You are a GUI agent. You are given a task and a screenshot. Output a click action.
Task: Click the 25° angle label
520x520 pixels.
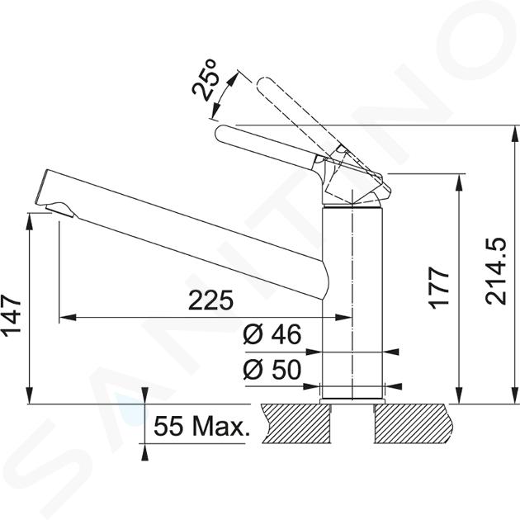click(x=206, y=79)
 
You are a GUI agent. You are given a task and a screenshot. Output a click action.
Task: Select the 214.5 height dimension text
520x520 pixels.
click(x=495, y=271)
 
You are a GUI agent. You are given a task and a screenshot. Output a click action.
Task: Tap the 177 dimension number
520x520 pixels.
click(x=439, y=287)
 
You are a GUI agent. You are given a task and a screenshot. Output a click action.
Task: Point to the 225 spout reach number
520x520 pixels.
click(x=211, y=300)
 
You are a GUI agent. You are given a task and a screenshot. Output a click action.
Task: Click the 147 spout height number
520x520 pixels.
click(x=12, y=315)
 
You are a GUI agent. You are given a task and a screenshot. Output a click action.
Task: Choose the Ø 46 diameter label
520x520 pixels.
click(x=272, y=334)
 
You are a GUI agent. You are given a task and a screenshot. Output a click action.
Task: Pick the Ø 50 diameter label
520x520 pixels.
click(x=272, y=369)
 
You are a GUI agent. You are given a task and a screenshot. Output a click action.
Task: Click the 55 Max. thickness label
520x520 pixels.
click(x=202, y=426)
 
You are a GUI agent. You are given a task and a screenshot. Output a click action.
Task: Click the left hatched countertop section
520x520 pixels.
click(x=297, y=423)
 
